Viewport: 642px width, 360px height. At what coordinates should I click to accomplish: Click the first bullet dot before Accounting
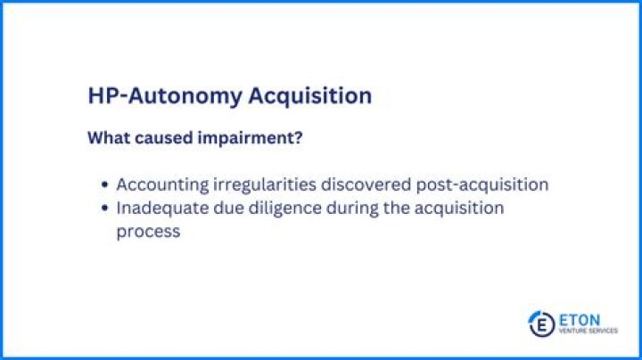coord(106,185)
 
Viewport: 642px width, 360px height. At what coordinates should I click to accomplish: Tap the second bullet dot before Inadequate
coord(106,209)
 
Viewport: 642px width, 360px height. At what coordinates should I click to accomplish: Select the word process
coord(148,232)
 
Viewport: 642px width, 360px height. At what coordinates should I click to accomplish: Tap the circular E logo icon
coord(539,322)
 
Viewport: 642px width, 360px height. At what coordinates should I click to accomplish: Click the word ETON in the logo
coord(580,317)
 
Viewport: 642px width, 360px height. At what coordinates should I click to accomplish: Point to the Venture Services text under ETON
coord(587,331)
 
